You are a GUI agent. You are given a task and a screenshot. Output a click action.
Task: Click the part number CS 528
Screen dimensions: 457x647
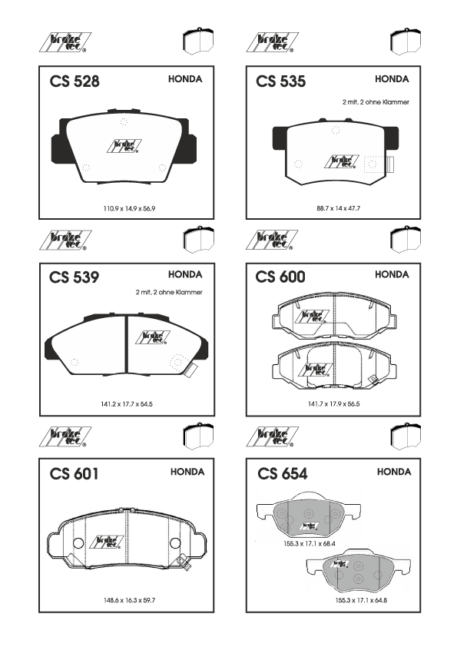point(75,81)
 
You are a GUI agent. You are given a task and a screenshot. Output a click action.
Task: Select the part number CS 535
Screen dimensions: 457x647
point(281,81)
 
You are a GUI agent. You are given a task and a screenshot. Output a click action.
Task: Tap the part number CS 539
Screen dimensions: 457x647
point(75,277)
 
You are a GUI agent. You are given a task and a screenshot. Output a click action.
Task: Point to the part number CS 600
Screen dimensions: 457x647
point(280,277)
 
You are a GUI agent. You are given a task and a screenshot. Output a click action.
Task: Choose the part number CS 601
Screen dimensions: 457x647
point(75,473)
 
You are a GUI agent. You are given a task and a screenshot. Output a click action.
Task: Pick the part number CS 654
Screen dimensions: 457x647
point(283,473)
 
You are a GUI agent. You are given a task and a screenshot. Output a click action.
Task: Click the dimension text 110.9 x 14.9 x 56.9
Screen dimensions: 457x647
point(129,209)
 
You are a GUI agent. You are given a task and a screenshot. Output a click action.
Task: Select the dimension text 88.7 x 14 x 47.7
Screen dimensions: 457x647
point(338,209)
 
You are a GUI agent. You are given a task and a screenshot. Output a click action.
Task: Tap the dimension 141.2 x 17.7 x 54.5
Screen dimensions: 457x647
point(127,404)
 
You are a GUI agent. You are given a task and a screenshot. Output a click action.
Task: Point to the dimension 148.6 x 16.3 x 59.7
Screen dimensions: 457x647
point(129,600)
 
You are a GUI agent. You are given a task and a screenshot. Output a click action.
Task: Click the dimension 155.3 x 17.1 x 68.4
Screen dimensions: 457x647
point(310,544)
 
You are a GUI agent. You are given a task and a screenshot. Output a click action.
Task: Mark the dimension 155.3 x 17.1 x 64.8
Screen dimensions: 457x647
point(361,600)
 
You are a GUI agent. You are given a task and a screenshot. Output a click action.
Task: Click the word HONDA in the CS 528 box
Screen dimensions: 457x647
point(185,79)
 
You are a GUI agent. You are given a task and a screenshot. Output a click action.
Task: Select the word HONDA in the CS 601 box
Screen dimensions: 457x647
point(187,472)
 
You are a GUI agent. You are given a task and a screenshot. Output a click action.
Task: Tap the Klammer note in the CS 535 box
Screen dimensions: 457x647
point(376,102)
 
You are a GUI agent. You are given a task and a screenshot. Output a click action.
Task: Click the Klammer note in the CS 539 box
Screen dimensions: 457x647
point(169,292)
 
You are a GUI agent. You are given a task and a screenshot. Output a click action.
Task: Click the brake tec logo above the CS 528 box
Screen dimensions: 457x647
point(65,42)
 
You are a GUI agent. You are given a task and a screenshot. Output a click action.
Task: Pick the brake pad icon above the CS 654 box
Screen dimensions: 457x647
point(406,436)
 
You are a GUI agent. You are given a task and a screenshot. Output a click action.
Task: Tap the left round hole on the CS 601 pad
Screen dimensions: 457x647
point(78,543)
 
